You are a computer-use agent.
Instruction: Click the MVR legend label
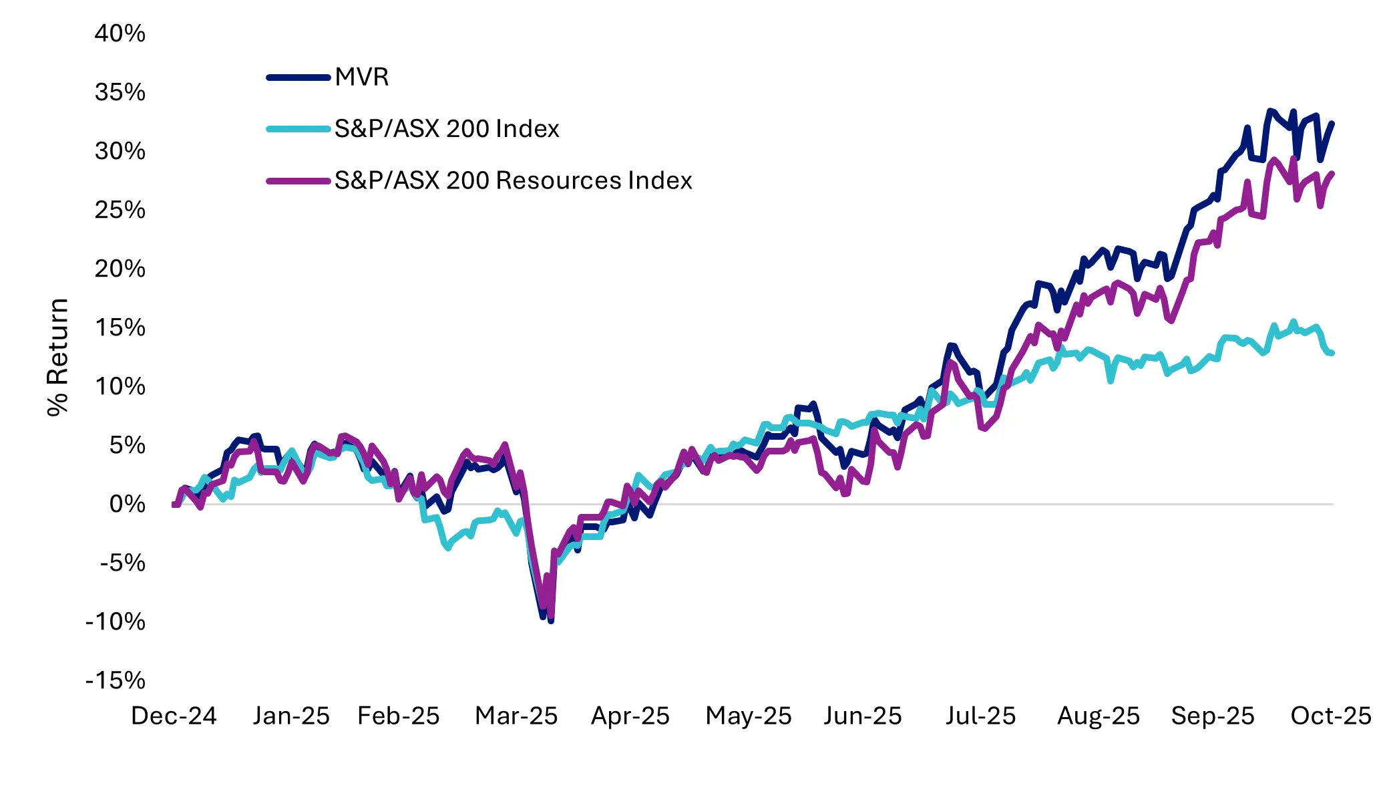coord(361,78)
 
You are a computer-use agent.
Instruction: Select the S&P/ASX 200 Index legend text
coord(446,129)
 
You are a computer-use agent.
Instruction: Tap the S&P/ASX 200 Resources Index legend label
coord(513,180)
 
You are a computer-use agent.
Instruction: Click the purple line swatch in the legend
coord(299,181)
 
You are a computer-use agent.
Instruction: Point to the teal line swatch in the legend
coord(299,129)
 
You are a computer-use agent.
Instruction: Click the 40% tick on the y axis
coord(120,33)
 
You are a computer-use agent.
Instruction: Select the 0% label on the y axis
coord(127,504)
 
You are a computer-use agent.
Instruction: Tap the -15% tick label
coord(116,680)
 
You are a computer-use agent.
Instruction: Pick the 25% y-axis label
coord(120,210)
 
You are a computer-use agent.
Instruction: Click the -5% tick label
coord(122,563)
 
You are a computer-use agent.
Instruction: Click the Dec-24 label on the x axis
coord(174,716)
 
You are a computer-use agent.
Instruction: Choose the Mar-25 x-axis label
coord(516,716)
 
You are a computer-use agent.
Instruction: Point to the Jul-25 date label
coord(980,716)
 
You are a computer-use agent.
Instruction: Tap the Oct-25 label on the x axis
coord(1330,716)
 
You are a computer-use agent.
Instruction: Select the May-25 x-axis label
coord(748,716)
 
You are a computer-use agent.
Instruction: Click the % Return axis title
coord(58,358)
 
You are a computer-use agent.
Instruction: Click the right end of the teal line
coord(1332,353)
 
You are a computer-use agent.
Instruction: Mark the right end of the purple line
coord(1332,174)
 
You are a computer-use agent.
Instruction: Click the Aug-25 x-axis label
coord(1099,716)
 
